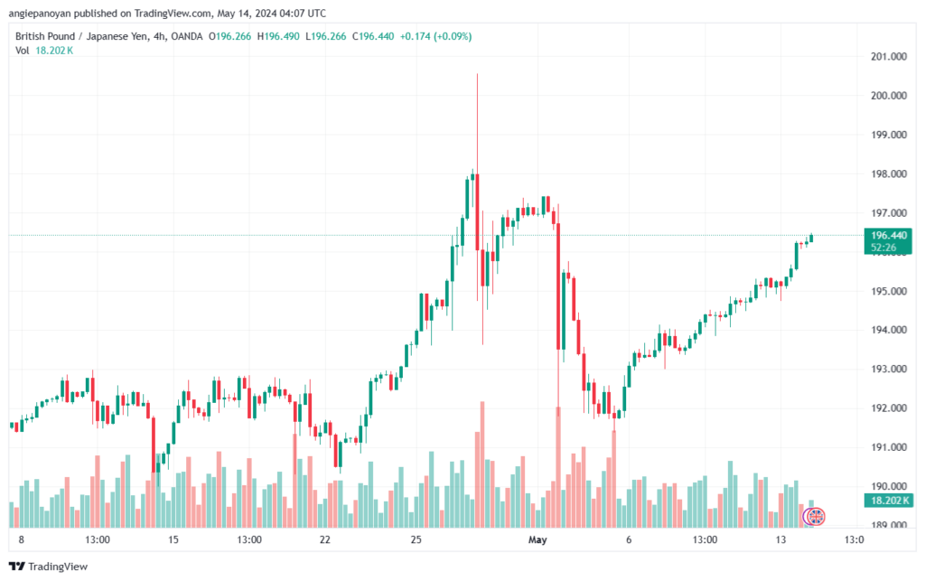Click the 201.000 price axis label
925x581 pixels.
(889, 57)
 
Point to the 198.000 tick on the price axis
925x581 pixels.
(889, 174)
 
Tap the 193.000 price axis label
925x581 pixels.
(889, 370)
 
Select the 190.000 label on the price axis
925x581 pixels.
(889, 487)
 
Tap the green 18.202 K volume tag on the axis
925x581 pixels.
(888, 501)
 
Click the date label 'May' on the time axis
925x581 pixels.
(537, 539)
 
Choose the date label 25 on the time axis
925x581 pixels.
(416, 539)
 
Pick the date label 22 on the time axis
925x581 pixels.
(325, 539)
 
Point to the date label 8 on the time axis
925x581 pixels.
(22, 539)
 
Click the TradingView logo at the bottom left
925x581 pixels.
(49, 567)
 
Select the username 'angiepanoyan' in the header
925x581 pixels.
(40, 13)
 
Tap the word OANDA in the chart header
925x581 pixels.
(186, 36)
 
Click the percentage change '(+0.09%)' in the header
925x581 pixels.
(453, 36)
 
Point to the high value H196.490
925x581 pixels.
(278, 36)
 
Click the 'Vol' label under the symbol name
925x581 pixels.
(23, 51)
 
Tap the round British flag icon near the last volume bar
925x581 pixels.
(816, 517)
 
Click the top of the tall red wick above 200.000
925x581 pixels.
(477, 74)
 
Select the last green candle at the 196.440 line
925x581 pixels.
(812, 238)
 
